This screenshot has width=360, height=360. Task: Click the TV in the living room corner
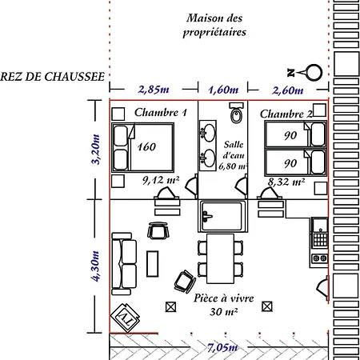click(x=126, y=318)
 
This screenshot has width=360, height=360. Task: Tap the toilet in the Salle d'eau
click(x=236, y=113)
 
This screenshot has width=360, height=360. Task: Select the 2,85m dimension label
click(x=154, y=90)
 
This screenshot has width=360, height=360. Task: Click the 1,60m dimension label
click(x=223, y=90)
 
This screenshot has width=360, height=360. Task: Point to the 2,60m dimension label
click(x=288, y=90)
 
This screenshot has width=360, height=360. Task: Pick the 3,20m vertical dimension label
click(x=95, y=150)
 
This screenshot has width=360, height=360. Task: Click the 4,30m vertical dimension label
click(x=95, y=266)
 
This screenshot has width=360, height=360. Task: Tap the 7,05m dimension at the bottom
click(x=222, y=347)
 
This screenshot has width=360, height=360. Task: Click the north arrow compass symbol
click(x=305, y=72)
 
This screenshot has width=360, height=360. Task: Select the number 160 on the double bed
click(x=146, y=147)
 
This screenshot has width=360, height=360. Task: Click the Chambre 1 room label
click(x=161, y=112)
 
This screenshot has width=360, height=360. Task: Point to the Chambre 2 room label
click(x=286, y=114)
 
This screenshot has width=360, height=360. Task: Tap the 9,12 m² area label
click(x=161, y=180)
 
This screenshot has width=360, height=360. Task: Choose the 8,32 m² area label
click(x=286, y=182)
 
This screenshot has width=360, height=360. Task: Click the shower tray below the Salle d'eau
click(x=223, y=216)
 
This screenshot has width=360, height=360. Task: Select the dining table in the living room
click(x=220, y=258)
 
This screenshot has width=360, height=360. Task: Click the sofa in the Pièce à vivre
click(x=124, y=264)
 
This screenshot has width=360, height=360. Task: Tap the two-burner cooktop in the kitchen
click(x=320, y=258)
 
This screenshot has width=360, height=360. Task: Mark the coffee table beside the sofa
click(x=153, y=264)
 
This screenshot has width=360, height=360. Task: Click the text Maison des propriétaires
click(x=214, y=26)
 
